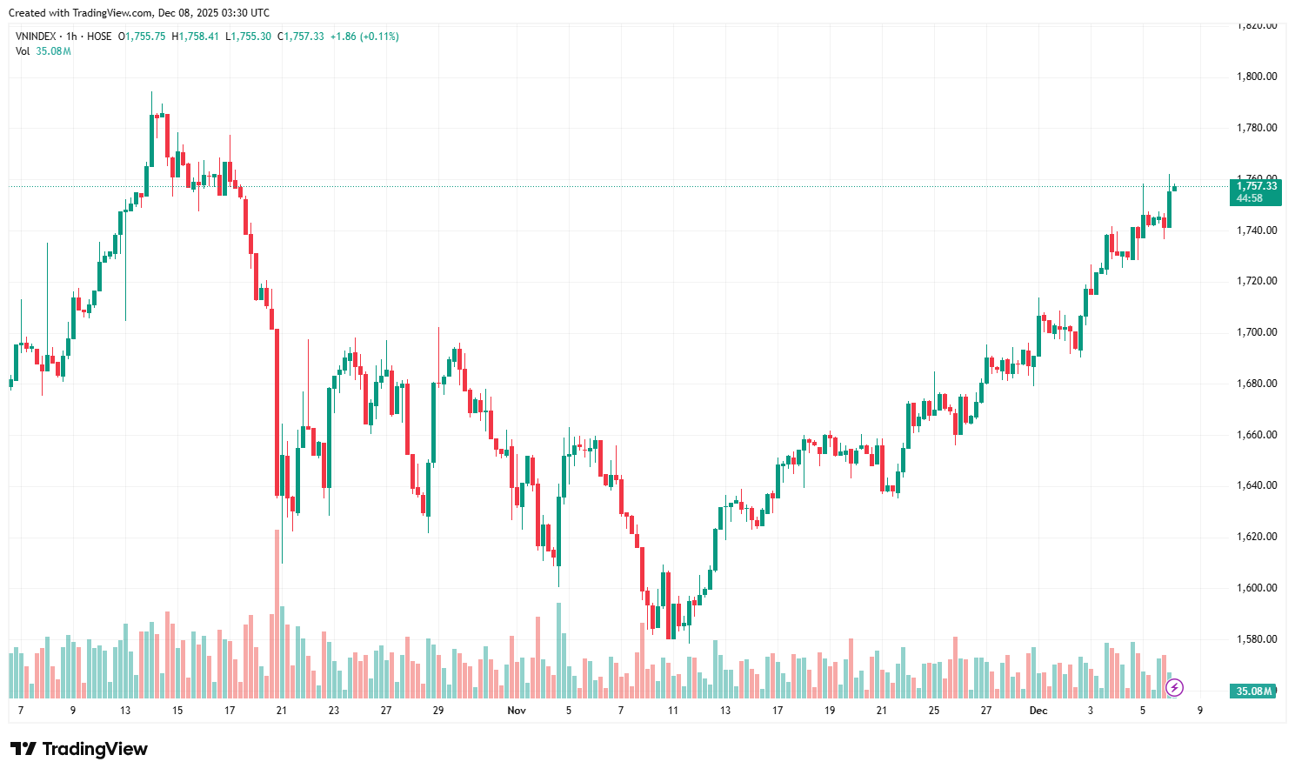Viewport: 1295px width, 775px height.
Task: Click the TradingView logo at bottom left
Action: pos(79,749)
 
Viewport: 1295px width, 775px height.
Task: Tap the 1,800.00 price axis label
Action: pos(1257,77)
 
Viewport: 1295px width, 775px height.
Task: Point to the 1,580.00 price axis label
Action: pos(1257,639)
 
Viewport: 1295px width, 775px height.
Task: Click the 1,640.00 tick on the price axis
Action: pos(1257,485)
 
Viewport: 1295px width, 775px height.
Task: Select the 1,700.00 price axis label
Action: pos(1257,332)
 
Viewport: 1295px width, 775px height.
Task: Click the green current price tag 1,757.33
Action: pos(1257,186)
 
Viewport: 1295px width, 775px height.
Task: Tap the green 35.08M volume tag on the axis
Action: pos(1254,691)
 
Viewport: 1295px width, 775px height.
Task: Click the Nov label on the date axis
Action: pos(517,711)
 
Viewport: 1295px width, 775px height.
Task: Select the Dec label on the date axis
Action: pos(1038,711)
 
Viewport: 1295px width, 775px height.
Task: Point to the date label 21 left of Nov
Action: pos(282,711)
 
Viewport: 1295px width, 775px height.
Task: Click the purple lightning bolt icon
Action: pos(1175,689)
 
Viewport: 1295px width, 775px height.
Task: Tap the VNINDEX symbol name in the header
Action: pos(36,37)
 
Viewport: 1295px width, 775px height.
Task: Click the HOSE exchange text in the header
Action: pos(99,37)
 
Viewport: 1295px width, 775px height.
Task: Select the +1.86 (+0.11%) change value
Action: pos(364,37)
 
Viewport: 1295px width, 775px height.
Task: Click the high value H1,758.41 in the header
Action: pos(196,37)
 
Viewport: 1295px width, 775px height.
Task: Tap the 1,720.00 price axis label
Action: pos(1257,281)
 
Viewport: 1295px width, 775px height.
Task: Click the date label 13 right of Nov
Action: pos(725,711)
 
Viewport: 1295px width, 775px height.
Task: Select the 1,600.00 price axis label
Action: pos(1257,588)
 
